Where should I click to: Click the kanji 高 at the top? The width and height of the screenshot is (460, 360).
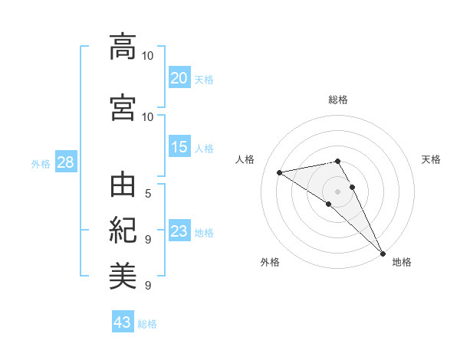pos(123,47)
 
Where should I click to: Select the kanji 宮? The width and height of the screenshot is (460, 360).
pos(123,107)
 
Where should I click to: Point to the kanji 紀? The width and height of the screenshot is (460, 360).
pos(123,230)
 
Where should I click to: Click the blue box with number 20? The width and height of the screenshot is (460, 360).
pos(179,77)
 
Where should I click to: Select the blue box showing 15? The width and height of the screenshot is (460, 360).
pos(179,147)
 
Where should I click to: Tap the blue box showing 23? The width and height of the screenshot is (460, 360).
pos(179,231)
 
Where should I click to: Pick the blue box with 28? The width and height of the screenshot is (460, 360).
pos(65,162)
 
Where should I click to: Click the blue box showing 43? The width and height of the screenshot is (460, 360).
pos(122,322)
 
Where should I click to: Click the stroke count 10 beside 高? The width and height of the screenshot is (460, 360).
pos(148,55)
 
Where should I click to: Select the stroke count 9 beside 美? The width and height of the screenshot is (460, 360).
pos(148,285)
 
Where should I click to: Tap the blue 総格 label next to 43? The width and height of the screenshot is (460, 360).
pos(147,324)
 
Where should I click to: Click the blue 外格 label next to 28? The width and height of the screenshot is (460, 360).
pos(40,163)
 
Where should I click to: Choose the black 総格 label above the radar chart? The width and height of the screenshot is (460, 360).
pos(338,100)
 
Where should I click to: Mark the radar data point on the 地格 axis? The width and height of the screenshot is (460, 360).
pos(383,252)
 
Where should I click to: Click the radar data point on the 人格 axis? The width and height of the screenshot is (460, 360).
pos(280,172)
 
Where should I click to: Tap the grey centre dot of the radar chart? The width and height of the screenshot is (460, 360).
pos(338,191)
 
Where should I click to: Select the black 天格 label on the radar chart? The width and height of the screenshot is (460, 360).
pos(432,159)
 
